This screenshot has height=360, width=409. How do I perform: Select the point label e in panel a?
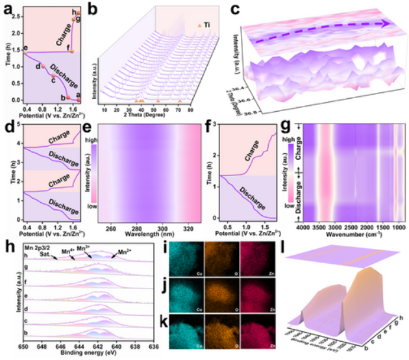pos(25,49)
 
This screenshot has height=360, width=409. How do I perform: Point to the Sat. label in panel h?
pos(45,256)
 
